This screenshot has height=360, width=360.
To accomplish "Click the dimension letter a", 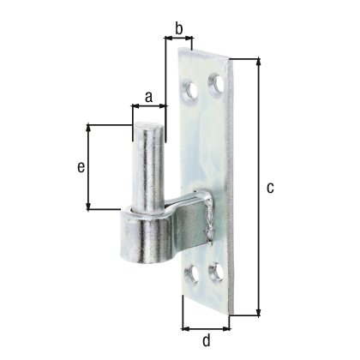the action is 148,97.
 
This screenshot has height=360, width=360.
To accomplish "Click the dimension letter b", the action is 179,28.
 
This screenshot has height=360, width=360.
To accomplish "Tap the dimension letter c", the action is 270,188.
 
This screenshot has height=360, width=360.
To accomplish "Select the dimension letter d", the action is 207,340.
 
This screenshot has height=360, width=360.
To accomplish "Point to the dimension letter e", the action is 81,167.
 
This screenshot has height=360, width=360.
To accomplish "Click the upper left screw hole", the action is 190,91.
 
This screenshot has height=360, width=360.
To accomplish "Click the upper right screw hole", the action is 216,84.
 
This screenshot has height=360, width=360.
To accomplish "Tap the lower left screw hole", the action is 192,273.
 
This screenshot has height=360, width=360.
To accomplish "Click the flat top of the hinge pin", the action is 148,125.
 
